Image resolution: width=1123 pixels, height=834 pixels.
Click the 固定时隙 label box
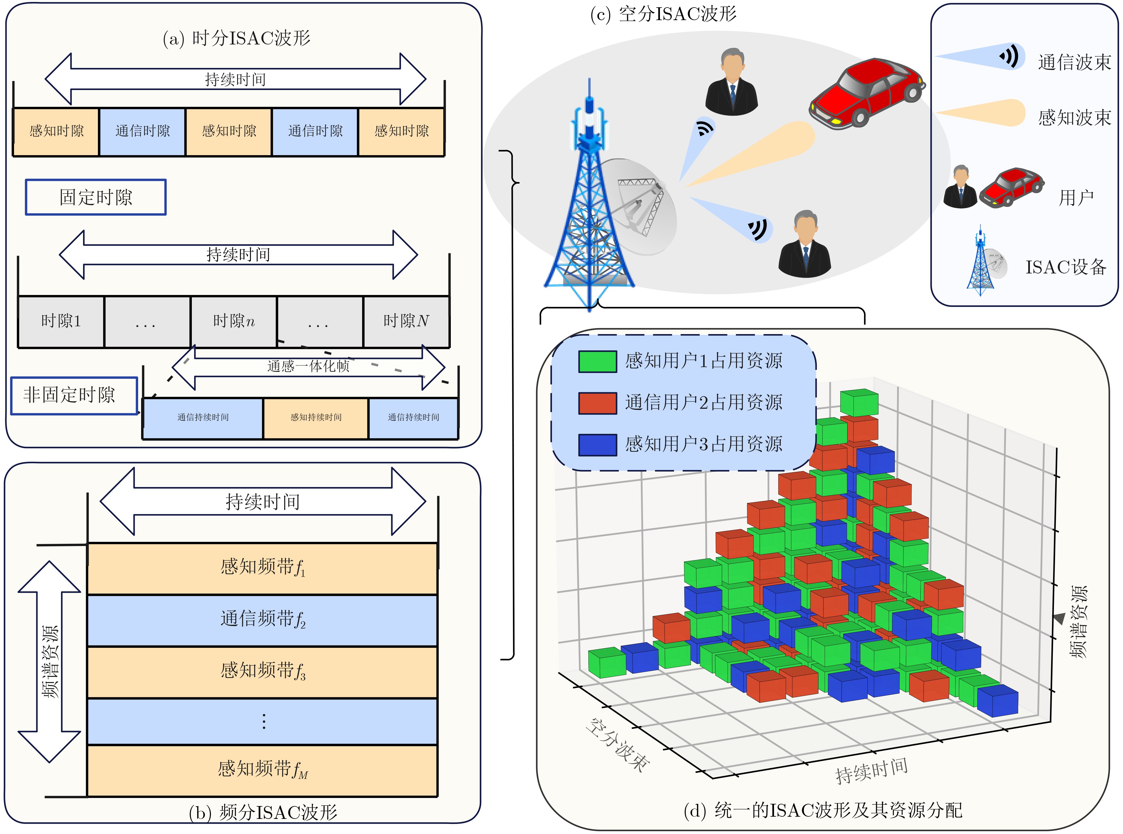pyautogui.click(x=95, y=197)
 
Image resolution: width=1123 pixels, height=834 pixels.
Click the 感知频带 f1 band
pyautogui.click(x=262, y=568)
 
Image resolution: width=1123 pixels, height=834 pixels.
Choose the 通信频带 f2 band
pyautogui.click(x=262, y=620)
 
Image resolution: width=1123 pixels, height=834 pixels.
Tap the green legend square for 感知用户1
pyautogui.click(x=597, y=362)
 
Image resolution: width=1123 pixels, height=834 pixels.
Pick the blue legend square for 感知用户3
pyautogui.click(x=597, y=445)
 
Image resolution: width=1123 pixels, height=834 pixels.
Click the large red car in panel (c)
pyautogui.click(x=867, y=92)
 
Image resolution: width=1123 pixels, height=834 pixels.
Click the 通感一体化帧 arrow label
pyautogui.click(x=308, y=366)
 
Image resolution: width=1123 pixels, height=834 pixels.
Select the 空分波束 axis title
pyautogui.click(x=617, y=745)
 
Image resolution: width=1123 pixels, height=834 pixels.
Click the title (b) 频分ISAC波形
pyautogui.click(x=263, y=812)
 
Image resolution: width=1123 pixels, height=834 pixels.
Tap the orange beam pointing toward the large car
pyautogui.click(x=750, y=154)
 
